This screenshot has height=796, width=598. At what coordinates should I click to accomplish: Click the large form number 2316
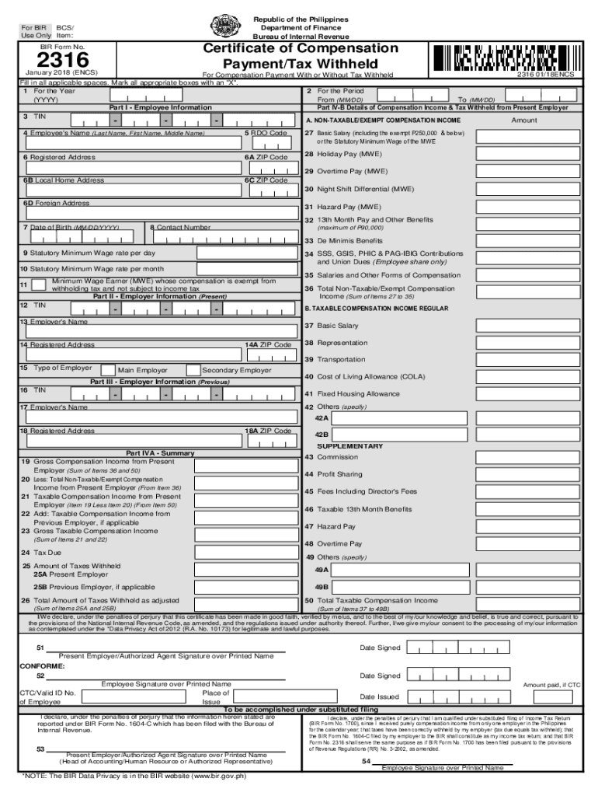click(x=53, y=60)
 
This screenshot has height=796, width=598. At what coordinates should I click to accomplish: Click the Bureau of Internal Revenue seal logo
click(x=226, y=26)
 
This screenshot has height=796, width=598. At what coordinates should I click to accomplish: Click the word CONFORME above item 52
click(x=43, y=666)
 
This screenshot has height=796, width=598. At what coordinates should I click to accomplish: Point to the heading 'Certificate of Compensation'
click(x=301, y=48)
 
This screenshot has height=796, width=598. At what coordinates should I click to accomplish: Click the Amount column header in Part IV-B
click(x=524, y=120)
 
